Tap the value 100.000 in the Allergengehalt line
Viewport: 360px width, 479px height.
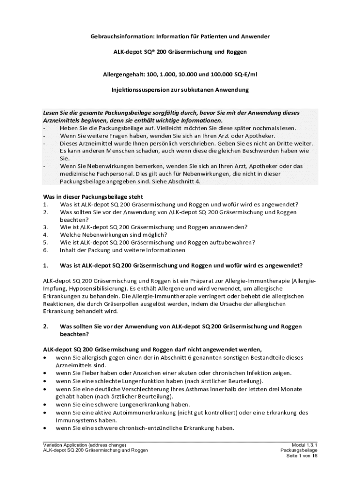coord(211,74)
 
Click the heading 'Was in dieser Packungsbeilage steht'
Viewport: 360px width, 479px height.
coord(93,197)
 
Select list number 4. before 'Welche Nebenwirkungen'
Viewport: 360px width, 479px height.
coord(45,235)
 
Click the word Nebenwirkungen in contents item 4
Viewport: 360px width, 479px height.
coord(101,235)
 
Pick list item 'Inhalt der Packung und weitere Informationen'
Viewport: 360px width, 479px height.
coord(122,250)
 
